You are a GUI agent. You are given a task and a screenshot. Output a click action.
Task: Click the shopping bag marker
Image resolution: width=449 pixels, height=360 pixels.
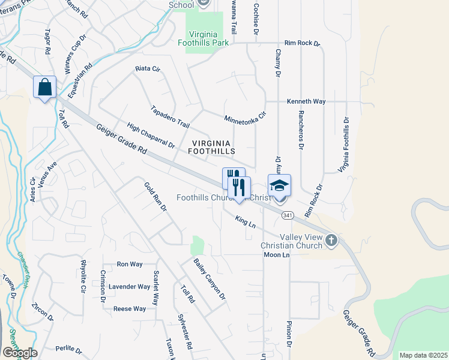click(45, 88)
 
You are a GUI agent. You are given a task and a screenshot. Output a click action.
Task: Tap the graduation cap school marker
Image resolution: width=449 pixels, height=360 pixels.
click(279, 185)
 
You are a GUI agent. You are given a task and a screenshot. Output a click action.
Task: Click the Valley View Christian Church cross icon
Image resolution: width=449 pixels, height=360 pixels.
click(331, 241)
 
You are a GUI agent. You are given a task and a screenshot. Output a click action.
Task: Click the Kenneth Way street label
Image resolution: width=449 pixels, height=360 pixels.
click(306, 101)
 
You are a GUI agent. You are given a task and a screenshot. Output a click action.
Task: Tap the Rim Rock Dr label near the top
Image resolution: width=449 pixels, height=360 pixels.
click(303, 43)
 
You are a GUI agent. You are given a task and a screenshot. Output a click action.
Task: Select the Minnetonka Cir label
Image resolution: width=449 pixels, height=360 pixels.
click(244, 115)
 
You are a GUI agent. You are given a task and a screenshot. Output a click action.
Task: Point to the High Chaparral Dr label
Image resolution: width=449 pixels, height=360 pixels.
click(151, 136)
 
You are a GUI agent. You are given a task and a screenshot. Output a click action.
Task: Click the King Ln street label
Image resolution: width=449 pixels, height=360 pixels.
click(246, 222)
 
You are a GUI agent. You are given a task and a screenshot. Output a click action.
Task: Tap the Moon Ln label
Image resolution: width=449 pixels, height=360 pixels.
click(277, 255)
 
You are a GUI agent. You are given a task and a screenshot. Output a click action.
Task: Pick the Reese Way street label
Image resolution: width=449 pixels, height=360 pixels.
click(130, 309)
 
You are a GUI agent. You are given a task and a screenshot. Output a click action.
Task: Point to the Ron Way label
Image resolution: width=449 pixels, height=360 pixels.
click(130, 264)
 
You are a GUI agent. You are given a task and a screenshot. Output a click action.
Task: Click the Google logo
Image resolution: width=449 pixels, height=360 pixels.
click(19, 353)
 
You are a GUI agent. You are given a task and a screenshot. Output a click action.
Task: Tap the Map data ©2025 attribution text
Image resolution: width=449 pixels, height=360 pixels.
click(423, 355)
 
